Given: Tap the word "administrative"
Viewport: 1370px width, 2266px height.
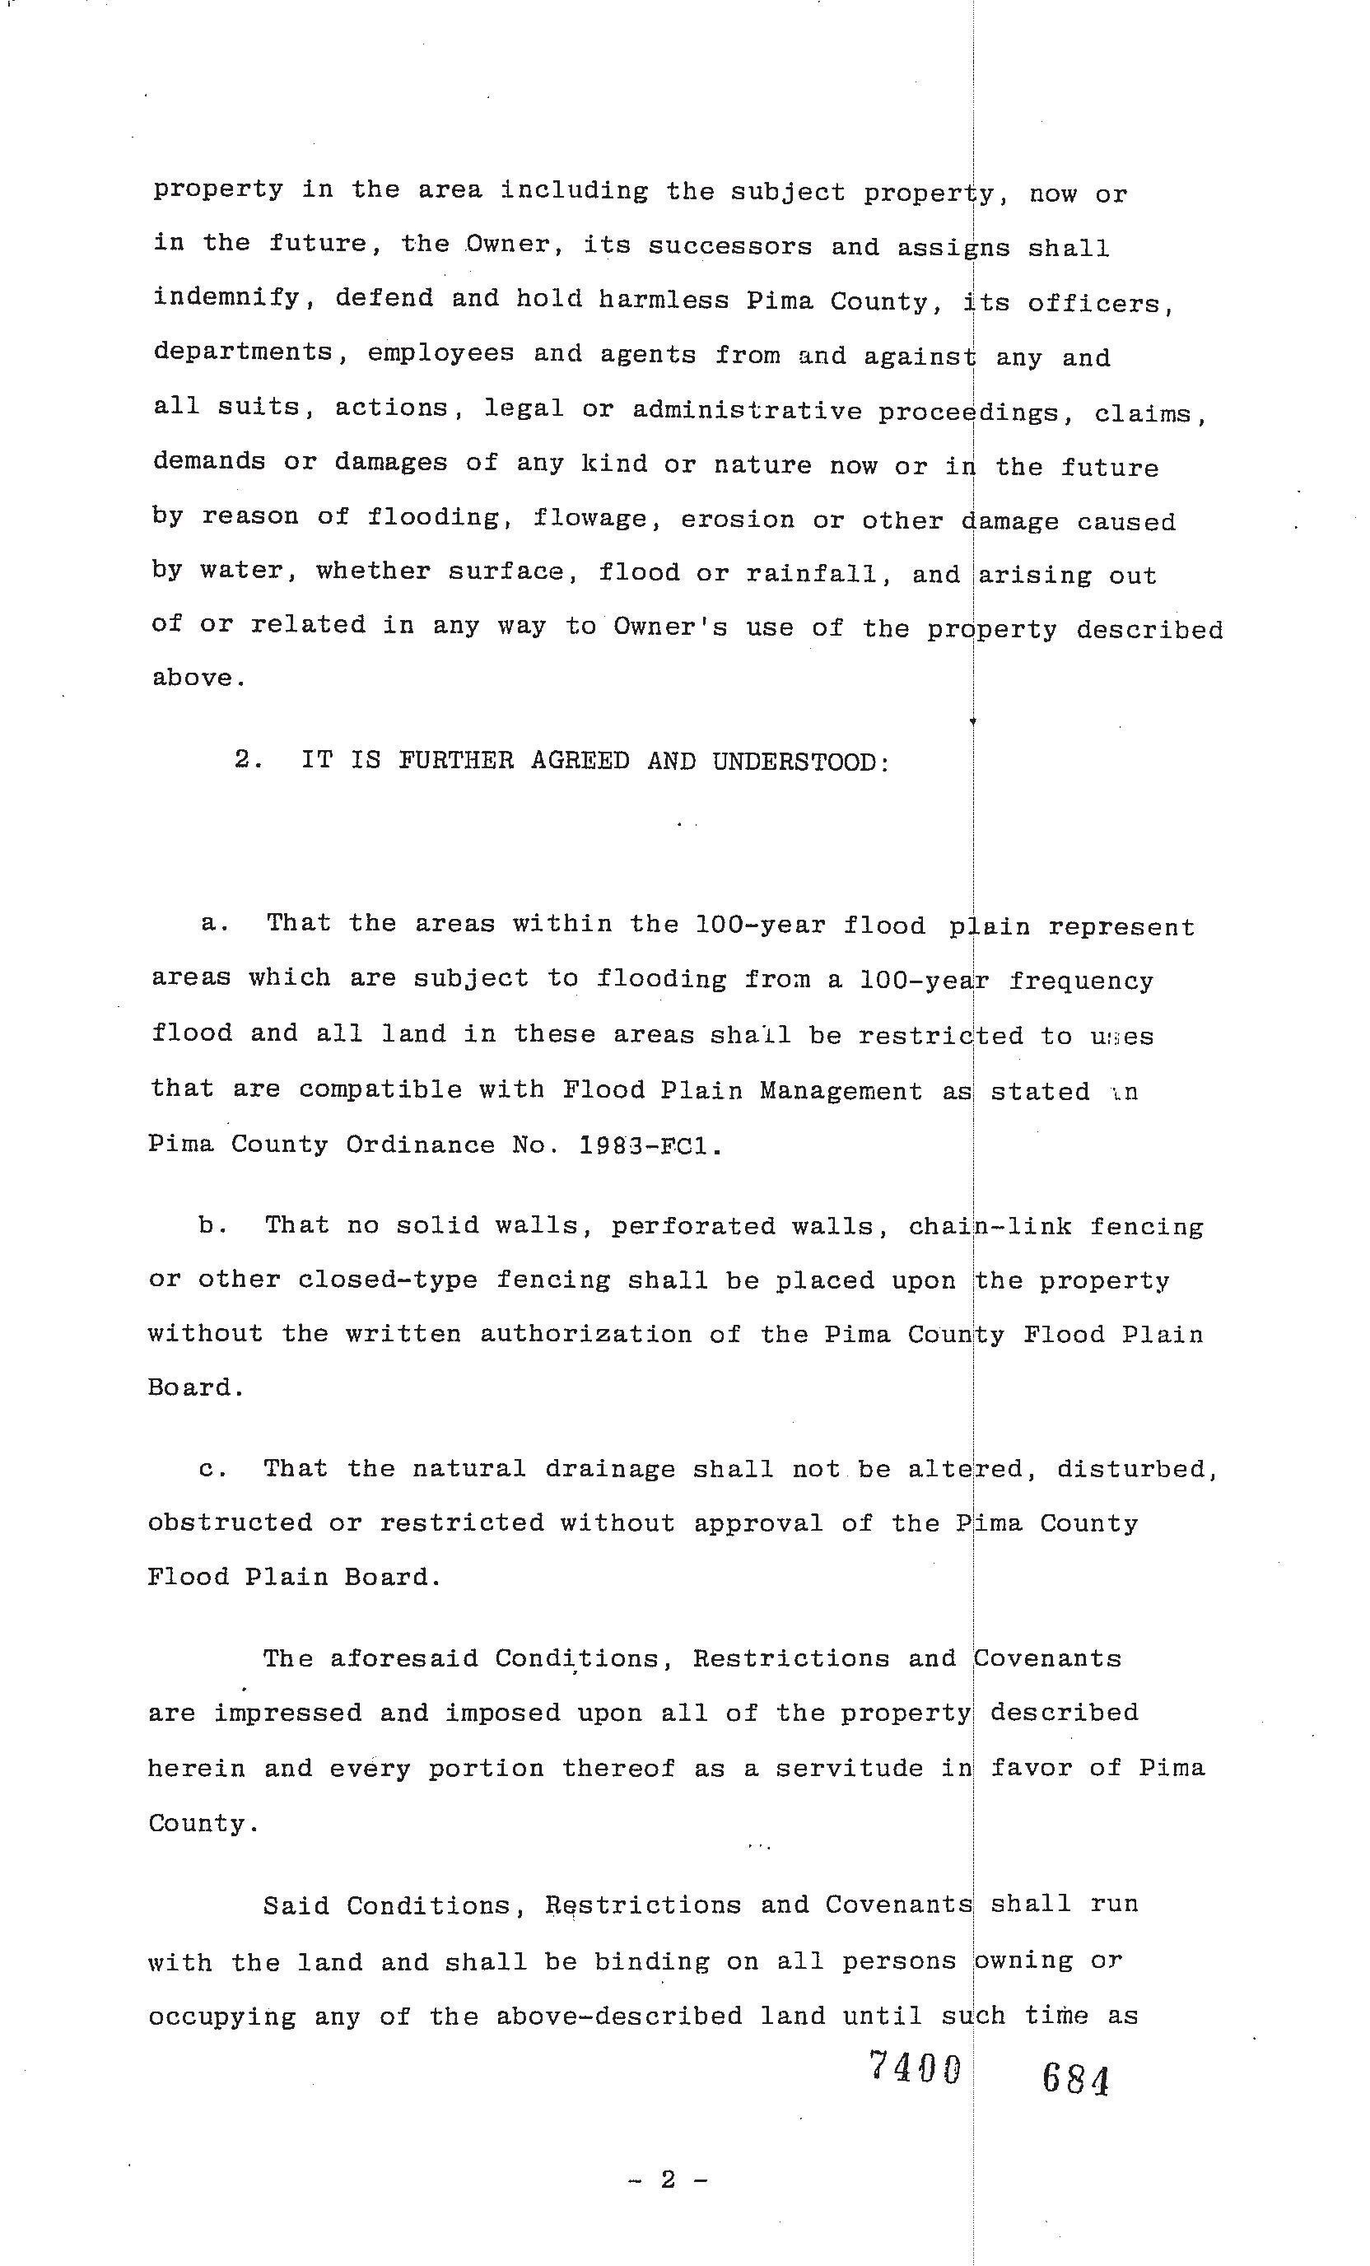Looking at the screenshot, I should click(747, 410).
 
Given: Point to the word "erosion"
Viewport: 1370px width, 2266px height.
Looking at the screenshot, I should click(738, 519).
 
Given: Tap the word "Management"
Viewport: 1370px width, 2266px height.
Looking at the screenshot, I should click(841, 1092).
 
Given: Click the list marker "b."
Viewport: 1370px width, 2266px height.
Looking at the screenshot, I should click(213, 1226).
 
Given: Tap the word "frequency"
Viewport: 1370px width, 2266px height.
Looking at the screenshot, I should click(1080, 981).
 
